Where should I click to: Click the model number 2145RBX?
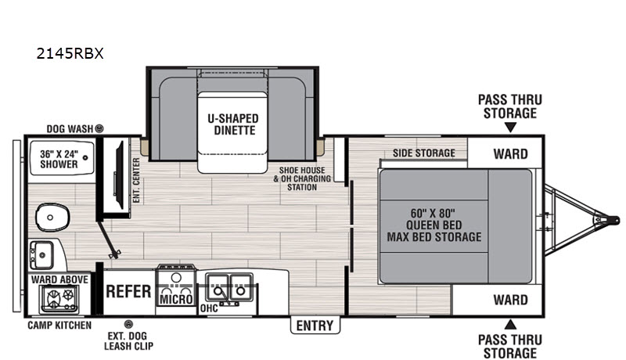coord(70,53)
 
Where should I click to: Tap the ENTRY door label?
coord(315,326)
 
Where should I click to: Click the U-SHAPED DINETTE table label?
coord(232,124)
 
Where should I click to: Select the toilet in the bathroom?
coord(52,218)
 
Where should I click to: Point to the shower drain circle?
coord(85,157)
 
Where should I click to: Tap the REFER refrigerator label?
coord(128,292)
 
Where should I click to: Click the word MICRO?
coord(176,299)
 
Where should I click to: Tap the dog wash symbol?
coord(99,128)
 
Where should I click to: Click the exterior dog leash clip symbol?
coord(128,324)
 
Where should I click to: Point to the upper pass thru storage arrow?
coord(510,128)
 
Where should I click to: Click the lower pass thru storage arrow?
coord(510,324)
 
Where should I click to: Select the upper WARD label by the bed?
coord(511,153)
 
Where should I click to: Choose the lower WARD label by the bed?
coord(511,300)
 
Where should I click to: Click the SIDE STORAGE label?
coord(424,153)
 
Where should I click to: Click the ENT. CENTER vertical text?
coord(136,180)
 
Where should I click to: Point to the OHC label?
coord(209,308)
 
